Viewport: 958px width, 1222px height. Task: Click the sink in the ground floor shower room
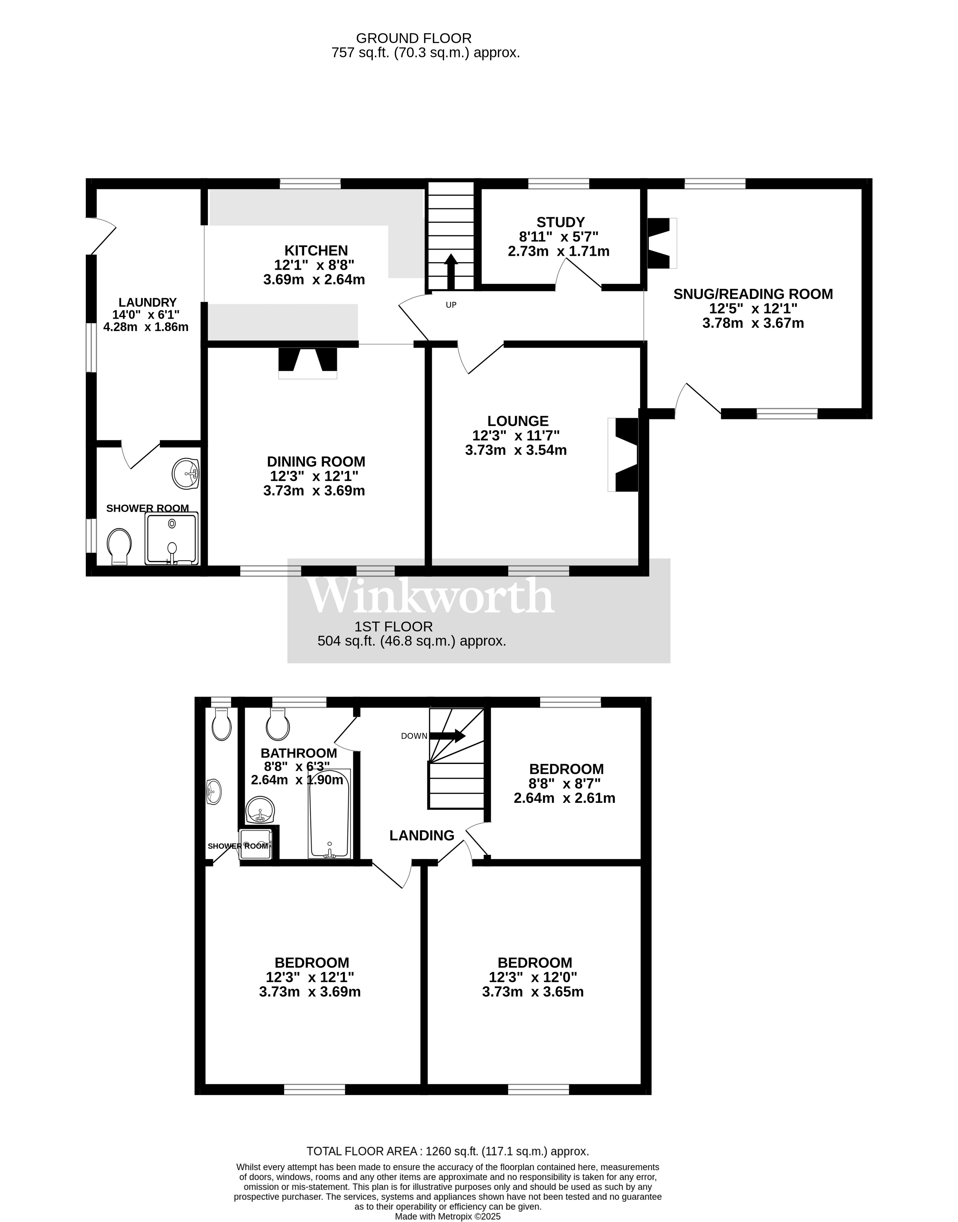(x=186, y=473)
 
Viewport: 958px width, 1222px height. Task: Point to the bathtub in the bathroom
(x=329, y=814)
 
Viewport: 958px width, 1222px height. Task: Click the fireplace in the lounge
(x=624, y=455)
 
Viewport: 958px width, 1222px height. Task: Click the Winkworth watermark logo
(x=431, y=596)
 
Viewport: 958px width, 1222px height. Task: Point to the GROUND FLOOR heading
(x=414, y=38)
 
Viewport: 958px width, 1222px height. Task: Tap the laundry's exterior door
(x=102, y=236)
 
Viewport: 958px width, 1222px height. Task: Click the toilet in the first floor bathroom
(x=278, y=725)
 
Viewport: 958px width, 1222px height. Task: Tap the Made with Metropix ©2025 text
(x=448, y=1216)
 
